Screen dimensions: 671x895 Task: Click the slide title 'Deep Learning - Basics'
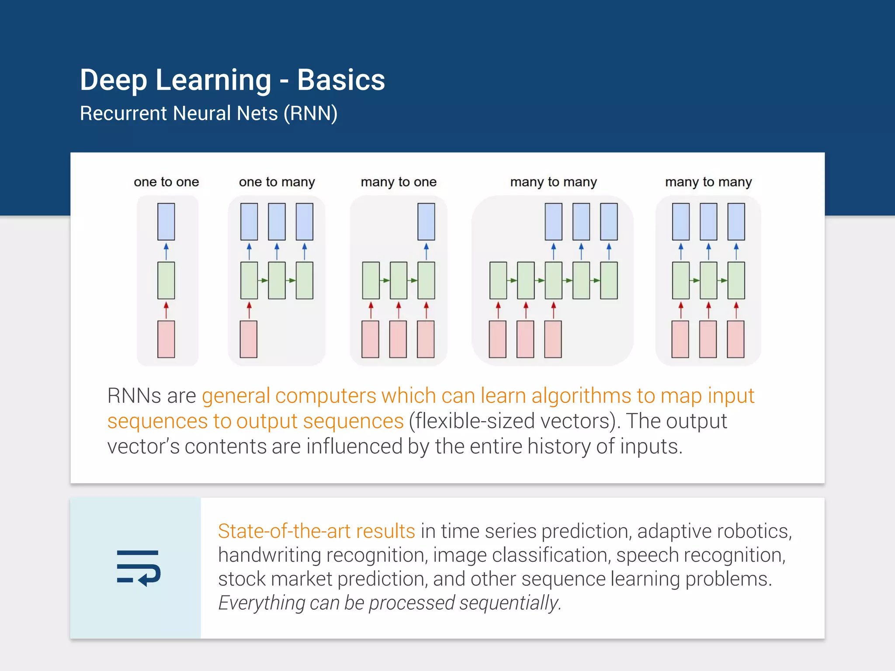tap(232, 80)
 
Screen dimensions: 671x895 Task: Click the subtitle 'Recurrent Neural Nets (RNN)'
tap(208, 114)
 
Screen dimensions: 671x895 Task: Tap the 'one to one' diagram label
tap(166, 182)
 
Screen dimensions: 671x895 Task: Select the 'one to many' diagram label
tap(277, 182)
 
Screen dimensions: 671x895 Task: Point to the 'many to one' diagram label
tap(399, 182)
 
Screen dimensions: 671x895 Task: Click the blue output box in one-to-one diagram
tap(166, 221)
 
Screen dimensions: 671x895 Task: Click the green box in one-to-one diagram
tap(166, 280)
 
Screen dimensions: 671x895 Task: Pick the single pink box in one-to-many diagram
tap(249, 339)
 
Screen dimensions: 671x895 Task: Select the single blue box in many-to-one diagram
tap(426, 221)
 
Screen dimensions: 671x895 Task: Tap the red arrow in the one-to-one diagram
tap(166, 310)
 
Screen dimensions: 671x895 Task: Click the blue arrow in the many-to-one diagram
tap(426, 251)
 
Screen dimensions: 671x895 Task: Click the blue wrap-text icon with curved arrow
tap(139, 568)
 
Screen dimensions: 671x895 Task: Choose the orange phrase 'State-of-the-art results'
tap(316, 531)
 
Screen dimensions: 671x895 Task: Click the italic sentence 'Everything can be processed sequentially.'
tap(389, 603)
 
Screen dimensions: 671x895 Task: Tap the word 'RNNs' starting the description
tap(134, 396)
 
